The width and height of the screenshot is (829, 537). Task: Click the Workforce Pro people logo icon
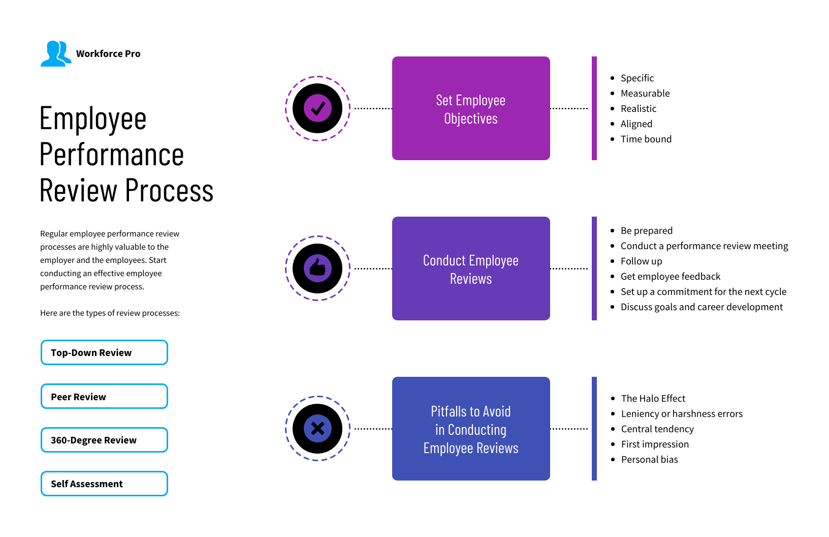click(x=55, y=53)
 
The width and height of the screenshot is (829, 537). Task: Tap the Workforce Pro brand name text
click(x=108, y=54)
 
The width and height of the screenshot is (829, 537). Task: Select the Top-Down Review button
click(x=104, y=352)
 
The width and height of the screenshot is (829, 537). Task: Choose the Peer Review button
click(x=104, y=396)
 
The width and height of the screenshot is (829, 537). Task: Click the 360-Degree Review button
click(x=104, y=440)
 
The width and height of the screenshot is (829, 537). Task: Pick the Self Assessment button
click(x=104, y=484)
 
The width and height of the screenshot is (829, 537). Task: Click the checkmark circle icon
click(x=318, y=108)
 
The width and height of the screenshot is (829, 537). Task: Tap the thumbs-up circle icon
click(x=318, y=268)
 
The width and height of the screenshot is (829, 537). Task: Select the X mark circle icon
click(x=318, y=428)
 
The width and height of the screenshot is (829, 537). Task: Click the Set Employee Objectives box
click(x=471, y=108)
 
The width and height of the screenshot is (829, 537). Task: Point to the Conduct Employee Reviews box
click(x=471, y=268)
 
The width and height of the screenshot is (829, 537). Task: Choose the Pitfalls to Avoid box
click(x=471, y=429)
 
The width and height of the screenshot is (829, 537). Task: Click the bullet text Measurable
click(x=645, y=94)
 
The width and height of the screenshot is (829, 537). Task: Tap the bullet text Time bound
click(x=646, y=139)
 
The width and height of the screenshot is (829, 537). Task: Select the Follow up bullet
click(x=642, y=261)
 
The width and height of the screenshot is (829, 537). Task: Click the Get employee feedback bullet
click(x=671, y=277)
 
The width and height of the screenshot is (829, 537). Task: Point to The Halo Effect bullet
click(x=653, y=399)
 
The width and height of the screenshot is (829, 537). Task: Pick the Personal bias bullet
click(x=650, y=460)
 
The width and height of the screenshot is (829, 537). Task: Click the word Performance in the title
click(x=112, y=155)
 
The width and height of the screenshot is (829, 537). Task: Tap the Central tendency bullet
click(x=657, y=429)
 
